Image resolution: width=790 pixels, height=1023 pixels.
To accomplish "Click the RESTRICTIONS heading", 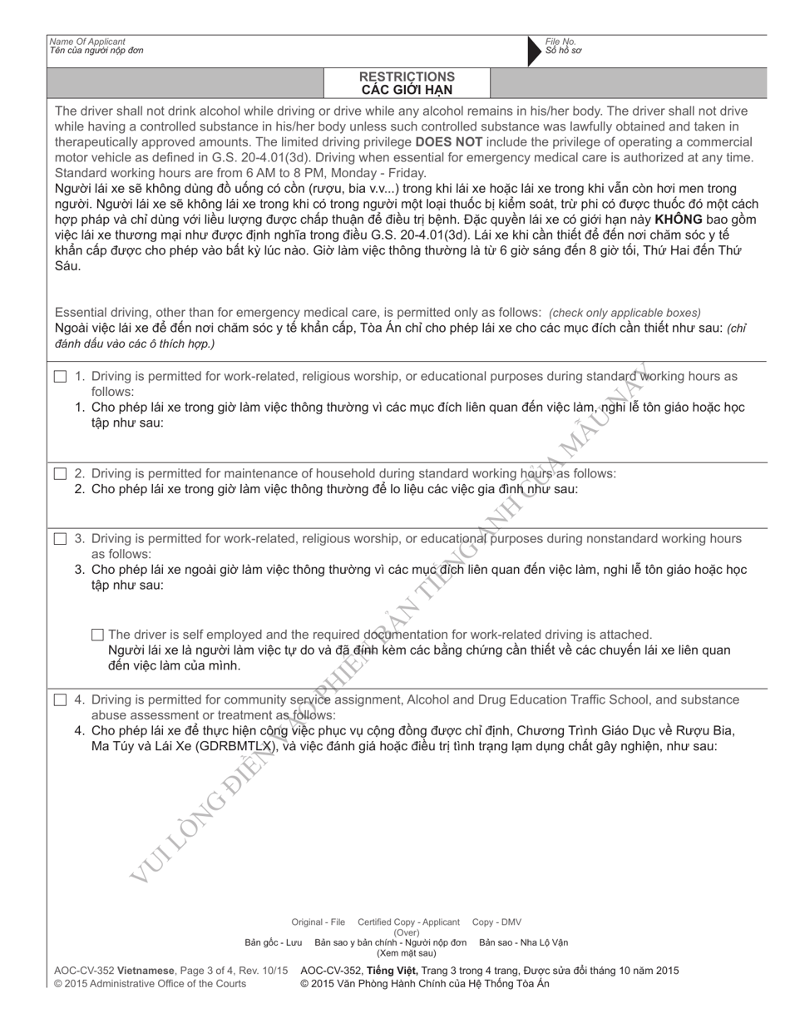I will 407,77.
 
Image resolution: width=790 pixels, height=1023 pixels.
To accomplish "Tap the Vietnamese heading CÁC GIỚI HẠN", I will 407,90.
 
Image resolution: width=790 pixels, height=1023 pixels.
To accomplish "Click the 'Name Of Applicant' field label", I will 87,42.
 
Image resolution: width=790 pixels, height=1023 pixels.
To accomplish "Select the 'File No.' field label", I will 560,42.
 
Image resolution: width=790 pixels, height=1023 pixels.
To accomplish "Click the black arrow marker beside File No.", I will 534,52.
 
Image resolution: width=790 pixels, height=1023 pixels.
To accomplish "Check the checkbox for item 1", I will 61,377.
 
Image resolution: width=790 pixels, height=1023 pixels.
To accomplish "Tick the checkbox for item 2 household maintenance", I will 61,474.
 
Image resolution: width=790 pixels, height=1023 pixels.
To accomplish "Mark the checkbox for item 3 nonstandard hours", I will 61,539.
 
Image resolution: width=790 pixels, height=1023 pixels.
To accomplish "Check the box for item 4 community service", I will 61,700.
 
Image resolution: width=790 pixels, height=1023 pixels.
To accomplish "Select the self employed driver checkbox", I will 98,635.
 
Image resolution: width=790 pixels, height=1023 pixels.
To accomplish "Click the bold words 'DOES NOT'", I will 445,141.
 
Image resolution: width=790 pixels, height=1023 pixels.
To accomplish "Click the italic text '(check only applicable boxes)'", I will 625,313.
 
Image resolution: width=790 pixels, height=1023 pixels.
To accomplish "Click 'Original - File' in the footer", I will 318,922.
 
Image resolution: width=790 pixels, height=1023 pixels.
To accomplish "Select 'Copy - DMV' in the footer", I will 496,922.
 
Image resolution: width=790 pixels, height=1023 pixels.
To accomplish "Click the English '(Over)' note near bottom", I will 407,932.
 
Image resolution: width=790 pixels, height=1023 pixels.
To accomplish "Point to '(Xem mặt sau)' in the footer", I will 407,953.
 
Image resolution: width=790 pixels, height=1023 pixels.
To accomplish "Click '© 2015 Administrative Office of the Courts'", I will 150,983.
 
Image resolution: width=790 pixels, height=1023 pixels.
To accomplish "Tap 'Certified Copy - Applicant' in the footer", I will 408,922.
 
